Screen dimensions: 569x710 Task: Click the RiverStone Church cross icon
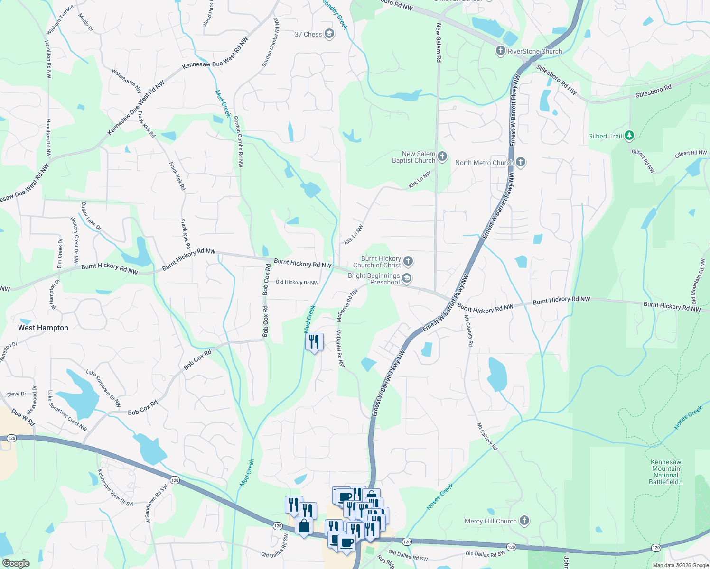[x=500, y=51]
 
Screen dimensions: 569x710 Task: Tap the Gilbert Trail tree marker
[x=629, y=136]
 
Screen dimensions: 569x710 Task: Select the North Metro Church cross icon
[x=521, y=163]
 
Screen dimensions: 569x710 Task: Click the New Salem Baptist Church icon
[x=442, y=156]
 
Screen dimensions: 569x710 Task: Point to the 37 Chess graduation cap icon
[x=329, y=34]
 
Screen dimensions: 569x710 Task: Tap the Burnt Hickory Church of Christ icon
[x=408, y=261]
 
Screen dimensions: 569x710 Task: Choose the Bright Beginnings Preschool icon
[x=407, y=278]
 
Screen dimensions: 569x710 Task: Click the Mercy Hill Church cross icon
[x=524, y=521]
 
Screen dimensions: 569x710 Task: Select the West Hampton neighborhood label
[x=43, y=328]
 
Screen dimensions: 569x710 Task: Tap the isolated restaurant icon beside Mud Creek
[x=314, y=341]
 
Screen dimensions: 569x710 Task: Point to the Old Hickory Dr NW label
[x=297, y=282]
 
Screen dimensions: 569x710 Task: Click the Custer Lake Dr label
[x=91, y=216]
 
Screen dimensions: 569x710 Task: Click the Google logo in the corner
[x=16, y=563]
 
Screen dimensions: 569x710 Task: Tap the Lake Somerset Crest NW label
[x=67, y=411]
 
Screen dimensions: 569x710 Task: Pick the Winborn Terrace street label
[x=60, y=20]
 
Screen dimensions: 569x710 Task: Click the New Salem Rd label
[x=439, y=43]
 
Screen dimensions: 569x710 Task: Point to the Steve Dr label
[x=16, y=394]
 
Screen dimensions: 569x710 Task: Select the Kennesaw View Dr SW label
[x=115, y=488]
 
